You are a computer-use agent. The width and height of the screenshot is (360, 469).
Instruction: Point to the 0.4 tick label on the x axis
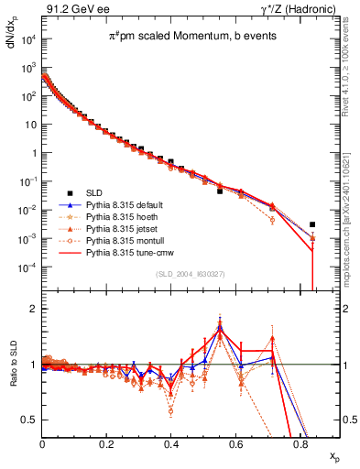[171, 442]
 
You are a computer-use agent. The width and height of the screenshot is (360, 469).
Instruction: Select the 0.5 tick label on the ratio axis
[29, 420]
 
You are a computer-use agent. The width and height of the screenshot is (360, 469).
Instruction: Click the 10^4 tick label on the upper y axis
[28, 40]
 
